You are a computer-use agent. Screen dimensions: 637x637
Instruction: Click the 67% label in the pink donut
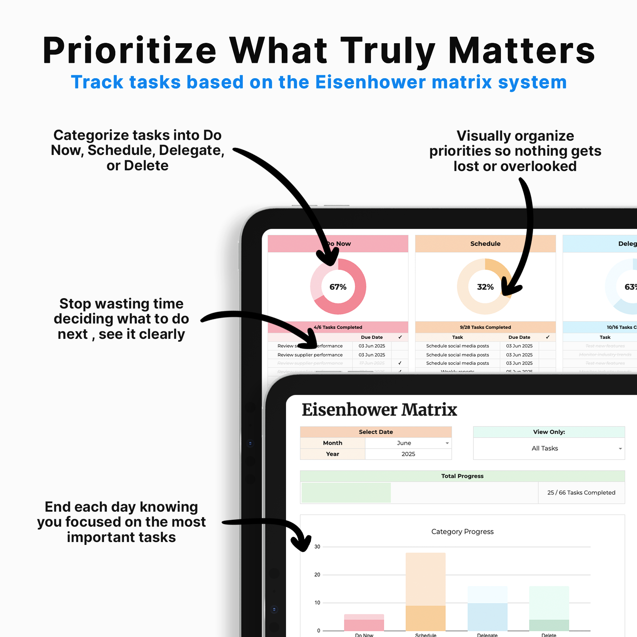338,287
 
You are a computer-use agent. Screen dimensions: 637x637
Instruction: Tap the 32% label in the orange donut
485,287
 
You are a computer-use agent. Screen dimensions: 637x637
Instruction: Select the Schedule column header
485,244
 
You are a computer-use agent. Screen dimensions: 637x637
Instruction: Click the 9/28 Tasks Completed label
485,327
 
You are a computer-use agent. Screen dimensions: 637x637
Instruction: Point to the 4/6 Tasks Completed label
338,327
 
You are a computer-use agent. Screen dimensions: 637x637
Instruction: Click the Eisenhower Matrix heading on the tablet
379,410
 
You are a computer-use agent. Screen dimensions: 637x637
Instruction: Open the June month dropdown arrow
447,443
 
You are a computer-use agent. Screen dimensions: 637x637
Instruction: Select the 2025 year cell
408,454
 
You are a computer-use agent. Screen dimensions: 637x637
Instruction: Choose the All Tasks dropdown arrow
620,449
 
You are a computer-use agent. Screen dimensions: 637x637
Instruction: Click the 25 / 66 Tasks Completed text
581,493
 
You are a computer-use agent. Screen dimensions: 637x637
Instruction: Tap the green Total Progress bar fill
346,493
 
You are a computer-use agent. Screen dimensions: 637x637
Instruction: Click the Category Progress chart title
462,532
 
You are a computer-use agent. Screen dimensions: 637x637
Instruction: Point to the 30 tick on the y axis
317,547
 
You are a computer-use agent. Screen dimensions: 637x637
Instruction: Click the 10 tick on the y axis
317,603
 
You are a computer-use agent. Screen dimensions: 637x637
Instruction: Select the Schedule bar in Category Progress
426,593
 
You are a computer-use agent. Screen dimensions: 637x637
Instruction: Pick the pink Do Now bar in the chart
364,623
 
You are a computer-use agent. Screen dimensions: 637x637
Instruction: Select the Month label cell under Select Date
332,443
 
